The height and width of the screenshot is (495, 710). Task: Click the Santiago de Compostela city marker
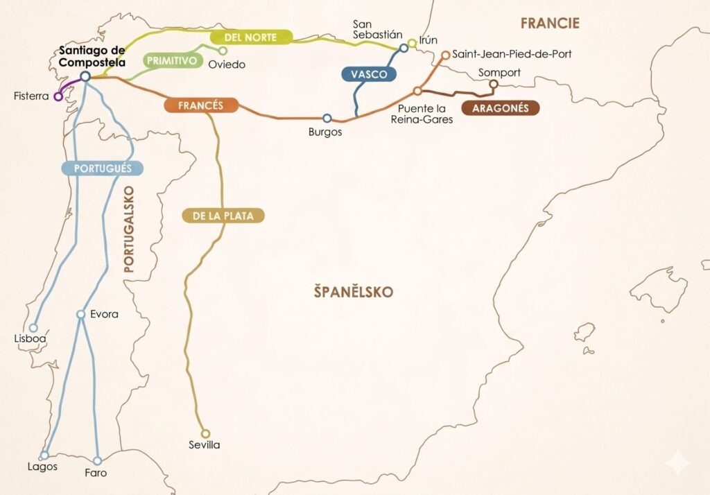[x=85, y=76]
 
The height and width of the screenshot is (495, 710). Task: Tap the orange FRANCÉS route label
[x=201, y=105]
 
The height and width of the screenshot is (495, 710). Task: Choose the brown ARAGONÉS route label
[x=500, y=108]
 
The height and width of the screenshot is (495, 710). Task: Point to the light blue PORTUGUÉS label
[x=103, y=168]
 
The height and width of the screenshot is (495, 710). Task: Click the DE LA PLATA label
[x=223, y=216]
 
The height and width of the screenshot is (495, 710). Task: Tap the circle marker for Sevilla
[x=205, y=433]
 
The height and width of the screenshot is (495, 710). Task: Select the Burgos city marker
[x=327, y=119]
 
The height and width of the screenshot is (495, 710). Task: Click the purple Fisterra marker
[x=58, y=96]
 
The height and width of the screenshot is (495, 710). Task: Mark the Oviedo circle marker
[x=223, y=51]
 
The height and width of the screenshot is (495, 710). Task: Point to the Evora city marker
[x=80, y=314]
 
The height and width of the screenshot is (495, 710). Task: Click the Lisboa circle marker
[x=33, y=328]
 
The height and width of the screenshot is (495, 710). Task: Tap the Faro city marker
[x=97, y=460]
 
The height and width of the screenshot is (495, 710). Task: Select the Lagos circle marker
[x=44, y=455]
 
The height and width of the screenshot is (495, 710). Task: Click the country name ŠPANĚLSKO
[x=352, y=292]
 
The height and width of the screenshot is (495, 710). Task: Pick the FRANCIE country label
[x=550, y=24]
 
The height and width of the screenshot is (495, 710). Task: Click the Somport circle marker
[x=494, y=85]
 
